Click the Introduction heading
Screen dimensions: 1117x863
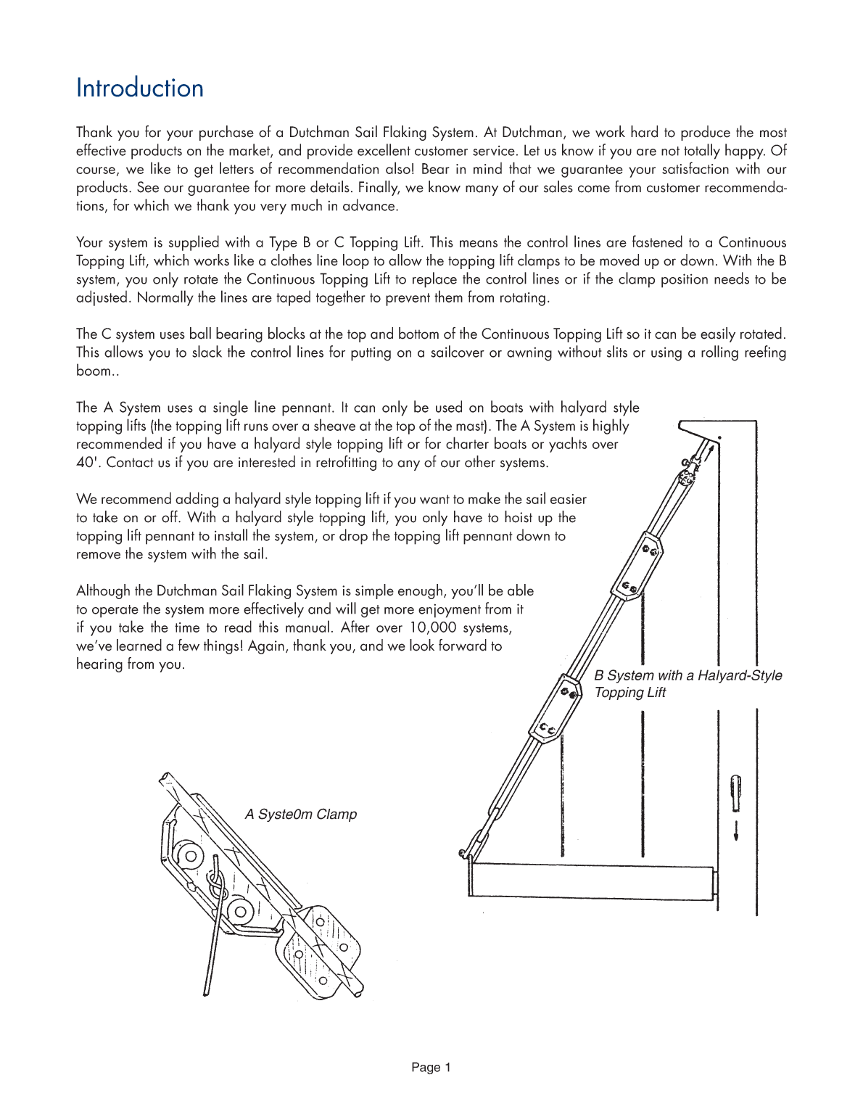pos(139,88)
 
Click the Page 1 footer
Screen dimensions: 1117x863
pos(431,1067)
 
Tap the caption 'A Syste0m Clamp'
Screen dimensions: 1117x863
pos(300,814)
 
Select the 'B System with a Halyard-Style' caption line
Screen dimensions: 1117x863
pos(687,675)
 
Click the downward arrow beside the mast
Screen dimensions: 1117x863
pos(736,831)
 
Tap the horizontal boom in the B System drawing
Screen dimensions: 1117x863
pos(591,881)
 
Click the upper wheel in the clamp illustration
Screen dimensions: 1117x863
pos(191,856)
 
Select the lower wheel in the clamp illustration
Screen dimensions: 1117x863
pos(239,911)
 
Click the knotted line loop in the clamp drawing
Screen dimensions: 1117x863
pos(215,883)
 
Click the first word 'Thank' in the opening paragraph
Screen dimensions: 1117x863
pos(94,133)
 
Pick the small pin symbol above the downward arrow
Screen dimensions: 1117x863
pos(736,793)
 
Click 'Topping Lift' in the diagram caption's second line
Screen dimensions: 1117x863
pos(629,693)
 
